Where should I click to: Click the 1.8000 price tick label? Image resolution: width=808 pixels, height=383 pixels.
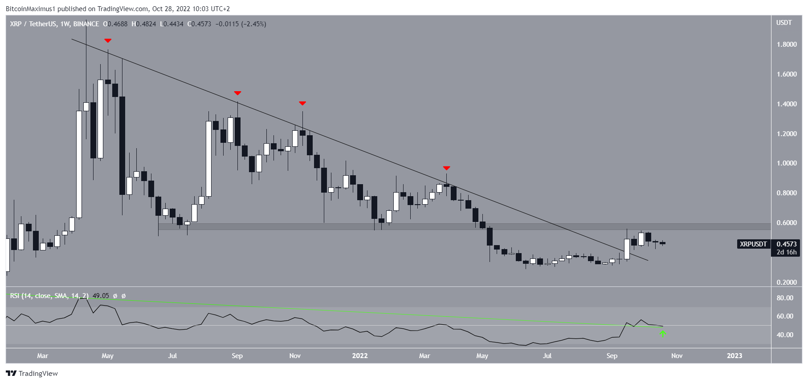787,44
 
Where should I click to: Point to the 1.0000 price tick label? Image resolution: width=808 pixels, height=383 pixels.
787,163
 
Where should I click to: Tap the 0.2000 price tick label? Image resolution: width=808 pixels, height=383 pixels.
787,282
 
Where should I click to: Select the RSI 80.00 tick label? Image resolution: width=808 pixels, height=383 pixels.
785,298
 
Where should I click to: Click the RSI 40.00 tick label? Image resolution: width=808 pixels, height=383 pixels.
785,335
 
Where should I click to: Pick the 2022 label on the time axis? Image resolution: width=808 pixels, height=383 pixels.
360,356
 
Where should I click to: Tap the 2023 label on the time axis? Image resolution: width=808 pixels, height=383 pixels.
735,356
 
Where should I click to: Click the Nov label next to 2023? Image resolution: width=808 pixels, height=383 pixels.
677,356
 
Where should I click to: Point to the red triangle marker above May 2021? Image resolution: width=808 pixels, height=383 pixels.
108,41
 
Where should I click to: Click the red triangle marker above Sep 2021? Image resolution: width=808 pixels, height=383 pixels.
237,93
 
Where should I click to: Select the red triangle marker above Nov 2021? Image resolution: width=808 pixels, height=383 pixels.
302,103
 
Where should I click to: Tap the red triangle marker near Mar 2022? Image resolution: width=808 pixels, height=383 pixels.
447,168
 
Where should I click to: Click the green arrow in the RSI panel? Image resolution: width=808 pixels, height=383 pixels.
663,333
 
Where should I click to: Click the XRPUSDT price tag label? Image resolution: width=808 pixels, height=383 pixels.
753,244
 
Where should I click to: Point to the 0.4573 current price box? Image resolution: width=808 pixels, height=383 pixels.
787,244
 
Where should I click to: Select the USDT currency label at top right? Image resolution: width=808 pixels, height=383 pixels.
784,23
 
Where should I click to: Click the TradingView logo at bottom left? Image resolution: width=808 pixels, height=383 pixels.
32,374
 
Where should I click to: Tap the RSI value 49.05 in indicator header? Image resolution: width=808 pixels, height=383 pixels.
101,296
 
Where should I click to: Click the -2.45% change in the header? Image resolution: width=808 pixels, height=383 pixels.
254,24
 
